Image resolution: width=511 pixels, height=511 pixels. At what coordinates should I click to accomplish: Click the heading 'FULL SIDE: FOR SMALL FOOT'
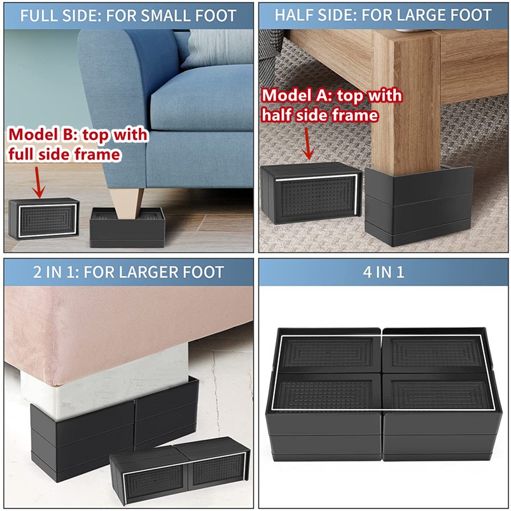point(128,15)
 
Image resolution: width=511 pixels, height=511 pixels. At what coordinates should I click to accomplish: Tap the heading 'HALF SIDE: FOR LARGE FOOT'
point(383,15)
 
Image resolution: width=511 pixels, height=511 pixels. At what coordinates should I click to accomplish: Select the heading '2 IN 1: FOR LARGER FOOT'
point(128,272)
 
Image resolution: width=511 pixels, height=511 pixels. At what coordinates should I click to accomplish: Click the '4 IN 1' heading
point(383,272)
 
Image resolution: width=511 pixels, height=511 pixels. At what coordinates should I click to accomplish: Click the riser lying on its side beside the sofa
point(43,218)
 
